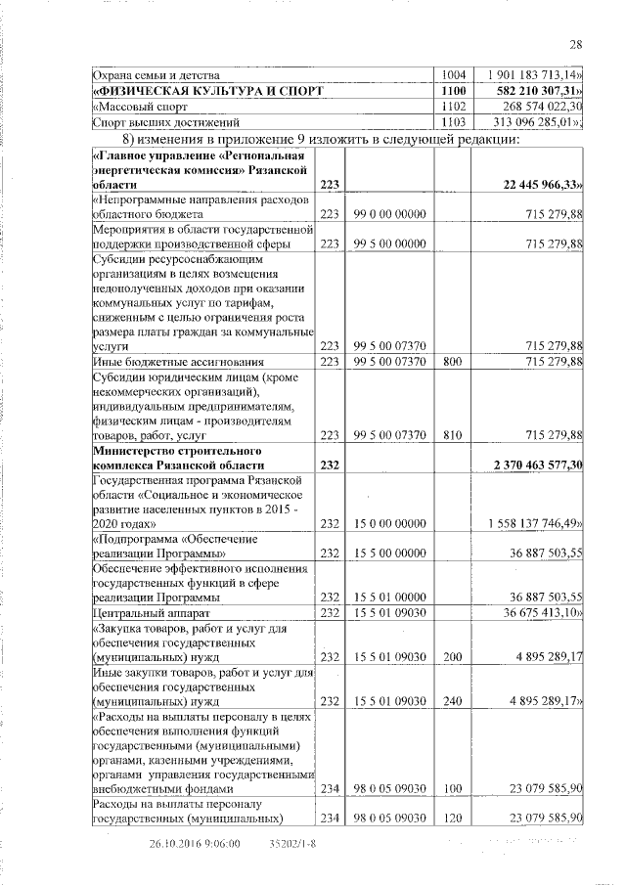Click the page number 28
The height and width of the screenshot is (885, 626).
[x=576, y=43]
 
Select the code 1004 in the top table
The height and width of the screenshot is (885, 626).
[x=453, y=74]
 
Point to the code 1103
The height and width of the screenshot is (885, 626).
[x=453, y=122]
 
